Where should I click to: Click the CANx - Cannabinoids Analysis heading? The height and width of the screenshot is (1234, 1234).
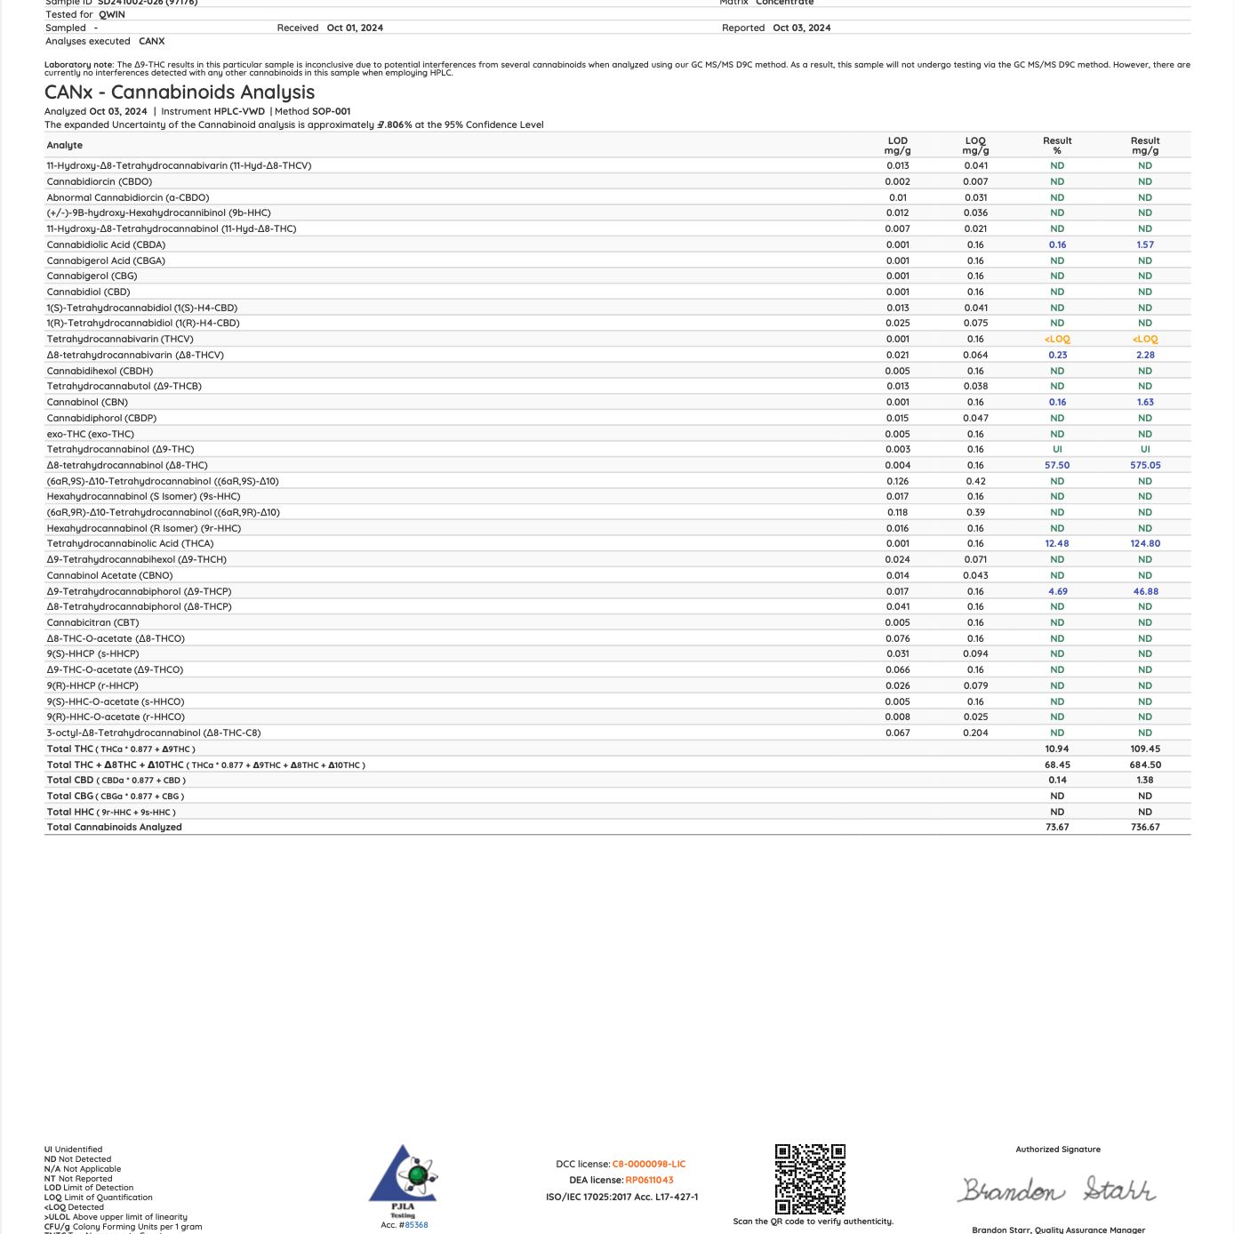click(180, 92)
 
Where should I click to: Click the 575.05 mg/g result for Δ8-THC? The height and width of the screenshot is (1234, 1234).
click(1145, 465)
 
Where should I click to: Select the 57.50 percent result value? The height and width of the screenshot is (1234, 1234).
click(1057, 465)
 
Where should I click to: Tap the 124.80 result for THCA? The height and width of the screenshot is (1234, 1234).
click(1145, 543)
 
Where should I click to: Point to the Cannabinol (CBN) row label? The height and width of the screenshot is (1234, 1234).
click(87, 402)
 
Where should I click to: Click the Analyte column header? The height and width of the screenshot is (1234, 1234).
click(65, 145)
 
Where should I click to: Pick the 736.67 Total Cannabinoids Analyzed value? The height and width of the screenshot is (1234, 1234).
click(1145, 827)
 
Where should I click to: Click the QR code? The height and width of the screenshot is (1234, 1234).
click(810, 1179)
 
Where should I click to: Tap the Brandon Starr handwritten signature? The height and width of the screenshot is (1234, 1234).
click(1057, 1190)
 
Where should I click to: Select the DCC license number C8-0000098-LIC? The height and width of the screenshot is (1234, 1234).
click(649, 1164)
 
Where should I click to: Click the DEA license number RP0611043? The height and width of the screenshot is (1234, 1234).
click(649, 1180)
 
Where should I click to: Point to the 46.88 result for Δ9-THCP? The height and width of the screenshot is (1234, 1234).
click(1145, 591)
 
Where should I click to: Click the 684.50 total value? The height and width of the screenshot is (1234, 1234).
click(1145, 765)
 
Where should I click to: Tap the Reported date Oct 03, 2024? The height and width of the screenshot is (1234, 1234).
click(802, 28)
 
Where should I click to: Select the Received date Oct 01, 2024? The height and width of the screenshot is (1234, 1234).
click(355, 28)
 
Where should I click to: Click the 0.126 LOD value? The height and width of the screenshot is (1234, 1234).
click(898, 481)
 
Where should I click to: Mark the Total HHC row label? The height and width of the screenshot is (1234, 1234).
click(70, 812)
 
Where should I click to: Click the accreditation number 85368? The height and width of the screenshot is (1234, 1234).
click(417, 1225)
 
